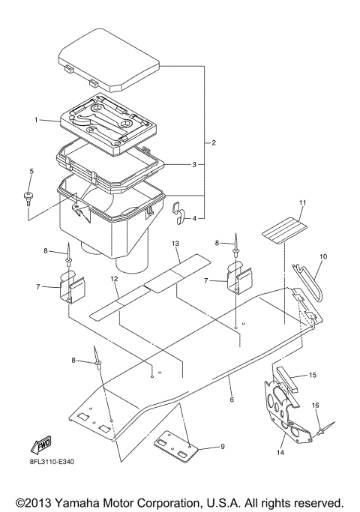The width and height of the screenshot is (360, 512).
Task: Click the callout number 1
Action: coord(34,120)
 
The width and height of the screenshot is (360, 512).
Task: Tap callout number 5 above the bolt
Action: coord(31,172)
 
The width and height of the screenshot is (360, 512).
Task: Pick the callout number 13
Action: coord(175,244)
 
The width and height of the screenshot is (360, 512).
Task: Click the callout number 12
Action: coord(115,279)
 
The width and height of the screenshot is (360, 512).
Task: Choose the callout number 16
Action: coord(316,405)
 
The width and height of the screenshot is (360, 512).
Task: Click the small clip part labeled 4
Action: coord(180,212)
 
